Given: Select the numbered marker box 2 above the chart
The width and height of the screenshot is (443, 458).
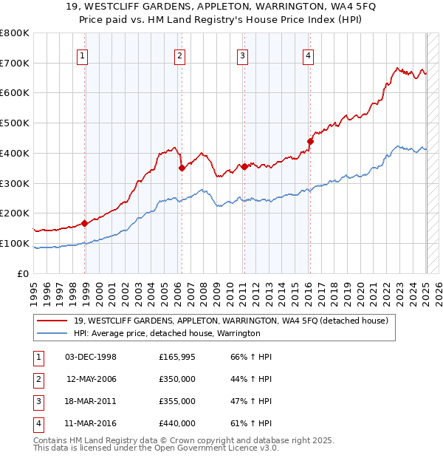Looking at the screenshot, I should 179,54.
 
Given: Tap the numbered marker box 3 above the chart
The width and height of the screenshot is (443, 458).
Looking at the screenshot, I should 243,54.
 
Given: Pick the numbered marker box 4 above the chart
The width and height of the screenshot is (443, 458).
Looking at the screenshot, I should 308,54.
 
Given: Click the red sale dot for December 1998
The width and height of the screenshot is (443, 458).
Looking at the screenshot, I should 85,223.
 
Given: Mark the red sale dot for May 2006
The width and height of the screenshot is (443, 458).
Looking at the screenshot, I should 182,168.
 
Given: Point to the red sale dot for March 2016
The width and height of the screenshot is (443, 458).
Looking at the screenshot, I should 311,140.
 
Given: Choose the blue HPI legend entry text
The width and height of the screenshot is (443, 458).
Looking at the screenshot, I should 167,334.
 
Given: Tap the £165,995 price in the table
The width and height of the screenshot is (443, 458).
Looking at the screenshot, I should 177,358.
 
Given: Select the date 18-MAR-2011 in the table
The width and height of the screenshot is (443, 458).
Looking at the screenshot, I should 91,402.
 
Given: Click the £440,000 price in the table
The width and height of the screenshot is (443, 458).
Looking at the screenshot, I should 177,424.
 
